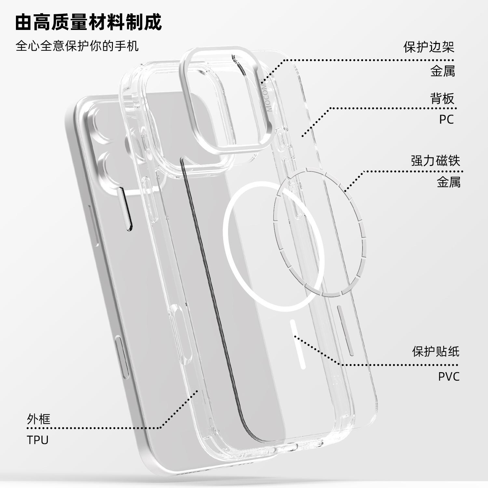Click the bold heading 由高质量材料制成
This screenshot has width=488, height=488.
(88, 22)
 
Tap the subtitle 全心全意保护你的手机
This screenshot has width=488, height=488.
(77, 46)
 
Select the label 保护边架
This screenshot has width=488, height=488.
(428, 47)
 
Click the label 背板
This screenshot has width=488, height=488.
(442, 99)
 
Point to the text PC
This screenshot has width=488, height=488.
(446, 119)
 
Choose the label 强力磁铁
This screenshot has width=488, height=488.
(435, 161)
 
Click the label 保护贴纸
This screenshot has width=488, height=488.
(436, 351)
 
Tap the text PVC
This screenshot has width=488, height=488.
(449, 376)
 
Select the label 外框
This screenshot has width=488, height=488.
(39, 419)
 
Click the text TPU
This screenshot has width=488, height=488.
(38, 440)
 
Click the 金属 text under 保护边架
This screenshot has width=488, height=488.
(442, 71)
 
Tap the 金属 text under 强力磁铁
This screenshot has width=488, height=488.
(448, 182)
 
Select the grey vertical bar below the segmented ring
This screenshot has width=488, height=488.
(346, 330)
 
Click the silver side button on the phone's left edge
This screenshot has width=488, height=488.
(123, 358)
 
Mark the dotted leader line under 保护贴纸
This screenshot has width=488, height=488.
(397, 365)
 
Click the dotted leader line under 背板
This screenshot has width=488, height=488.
(390, 108)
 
